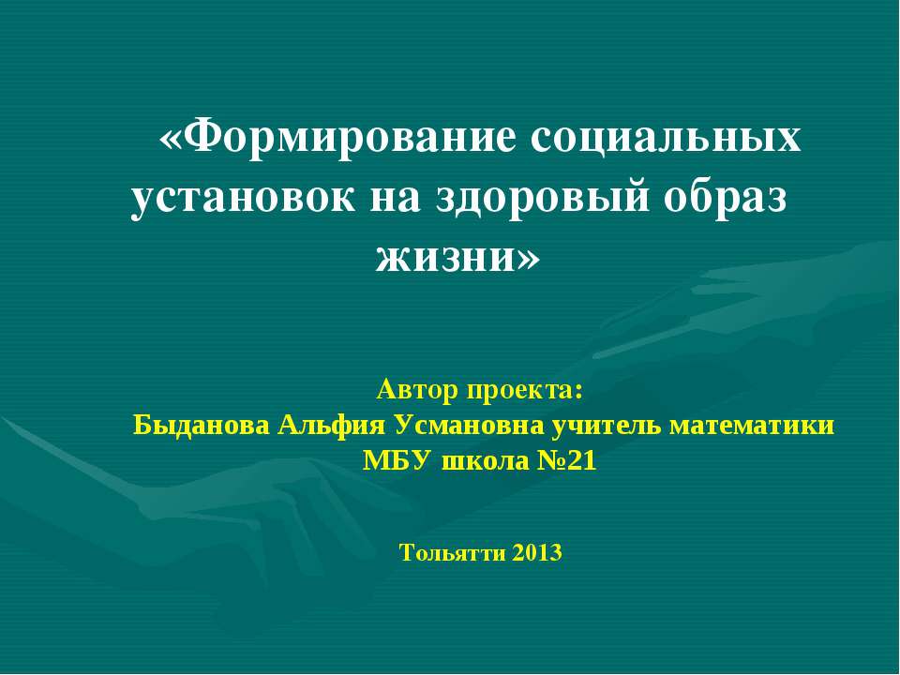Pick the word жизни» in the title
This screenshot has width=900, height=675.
click(x=457, y=255)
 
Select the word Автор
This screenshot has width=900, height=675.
click(x=418, y=388)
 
